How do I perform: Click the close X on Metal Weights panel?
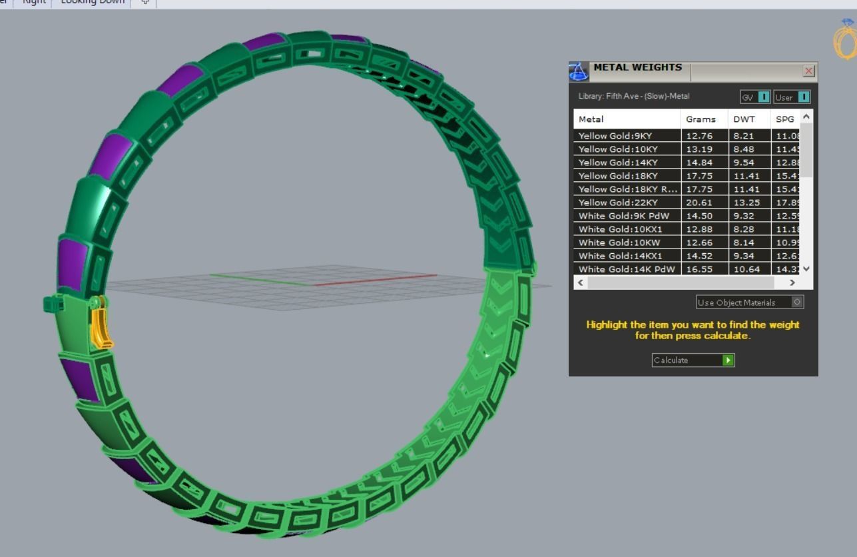coord(808,71)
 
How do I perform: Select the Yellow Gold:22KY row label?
coord(618,203)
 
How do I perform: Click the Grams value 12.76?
coord(699,136)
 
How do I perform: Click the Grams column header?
coord(701,119)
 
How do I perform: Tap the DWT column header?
coord(744,119)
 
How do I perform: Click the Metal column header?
coord(591,119)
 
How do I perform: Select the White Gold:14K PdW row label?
coord(626,269)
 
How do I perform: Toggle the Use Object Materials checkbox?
coord(797,302)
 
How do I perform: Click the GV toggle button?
coord(756,97)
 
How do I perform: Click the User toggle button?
coord(792,97)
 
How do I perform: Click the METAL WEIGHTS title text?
coord(637,67)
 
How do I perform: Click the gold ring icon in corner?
coord(844,39)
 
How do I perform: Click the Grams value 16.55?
coord(699,269)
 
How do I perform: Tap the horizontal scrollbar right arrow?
coord(792,282)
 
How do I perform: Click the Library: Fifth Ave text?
coord(633,97)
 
